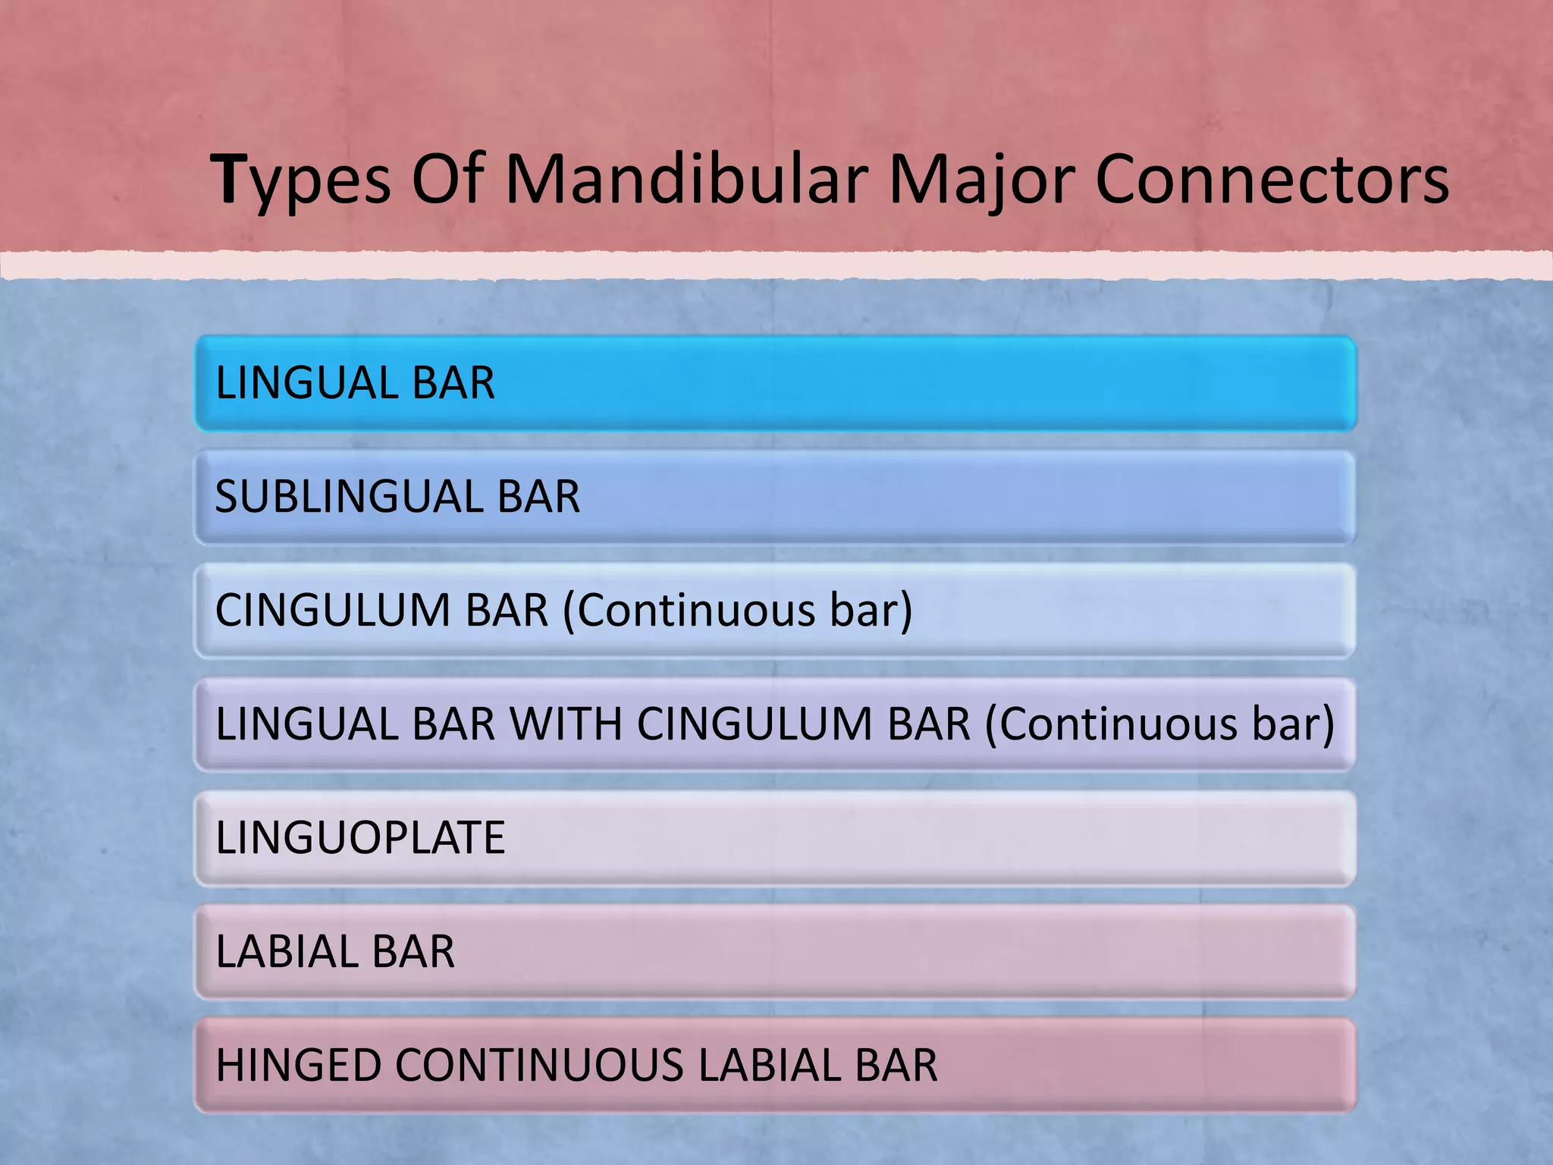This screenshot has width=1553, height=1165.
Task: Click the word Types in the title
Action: tap(301, 181)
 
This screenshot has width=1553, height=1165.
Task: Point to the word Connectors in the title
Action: tap(1272, 181)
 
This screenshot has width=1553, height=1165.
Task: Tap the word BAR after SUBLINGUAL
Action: tap(538, 497)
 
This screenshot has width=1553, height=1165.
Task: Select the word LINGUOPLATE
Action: tap(360, 838)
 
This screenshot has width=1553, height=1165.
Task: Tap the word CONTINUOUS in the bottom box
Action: tap(539, 1066)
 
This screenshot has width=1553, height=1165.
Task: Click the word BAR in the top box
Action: tap(453, 383)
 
